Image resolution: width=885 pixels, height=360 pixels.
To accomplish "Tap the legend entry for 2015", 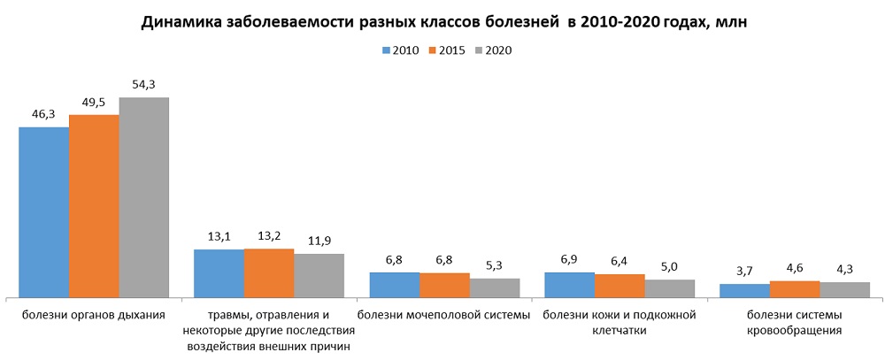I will point(448,50).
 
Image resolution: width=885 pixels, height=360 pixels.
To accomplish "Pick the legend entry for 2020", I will point(494,50).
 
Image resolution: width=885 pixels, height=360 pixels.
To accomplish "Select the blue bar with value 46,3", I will point(43,212).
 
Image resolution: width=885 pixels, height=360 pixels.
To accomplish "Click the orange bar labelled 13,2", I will point(269,273).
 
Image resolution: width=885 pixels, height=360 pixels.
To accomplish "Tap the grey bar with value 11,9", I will point(319,275).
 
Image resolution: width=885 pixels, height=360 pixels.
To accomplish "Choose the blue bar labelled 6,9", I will point(569,285).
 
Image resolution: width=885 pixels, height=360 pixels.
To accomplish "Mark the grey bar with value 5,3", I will point(495,287).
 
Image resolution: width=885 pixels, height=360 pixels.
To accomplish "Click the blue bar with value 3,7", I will point(744,290).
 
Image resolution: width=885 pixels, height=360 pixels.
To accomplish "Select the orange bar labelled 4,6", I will point(795,289).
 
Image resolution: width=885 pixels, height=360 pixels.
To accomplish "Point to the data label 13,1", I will point(219,236).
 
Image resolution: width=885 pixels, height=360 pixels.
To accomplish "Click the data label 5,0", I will point(670,266).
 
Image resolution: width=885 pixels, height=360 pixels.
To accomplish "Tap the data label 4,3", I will point(845,269).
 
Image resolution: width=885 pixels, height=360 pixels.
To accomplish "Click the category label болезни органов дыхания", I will point(94,315).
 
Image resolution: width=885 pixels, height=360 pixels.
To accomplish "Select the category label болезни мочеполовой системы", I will point(444,315).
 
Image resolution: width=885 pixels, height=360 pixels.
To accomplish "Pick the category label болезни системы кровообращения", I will point(794,323).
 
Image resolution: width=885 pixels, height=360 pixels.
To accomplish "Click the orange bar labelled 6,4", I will point(619,286).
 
